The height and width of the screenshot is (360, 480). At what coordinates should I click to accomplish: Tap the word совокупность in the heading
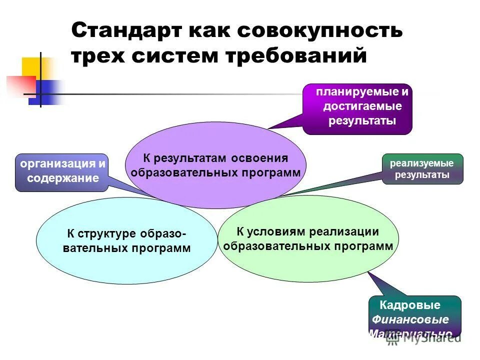(319, 30)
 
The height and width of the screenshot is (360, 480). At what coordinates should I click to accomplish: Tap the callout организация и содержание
(62, 171)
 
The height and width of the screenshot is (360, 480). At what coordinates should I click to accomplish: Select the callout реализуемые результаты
(422, 169)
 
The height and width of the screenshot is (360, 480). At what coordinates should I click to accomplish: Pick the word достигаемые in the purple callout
(362, 106)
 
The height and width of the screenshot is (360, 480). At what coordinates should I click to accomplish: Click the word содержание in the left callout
(63, 178)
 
